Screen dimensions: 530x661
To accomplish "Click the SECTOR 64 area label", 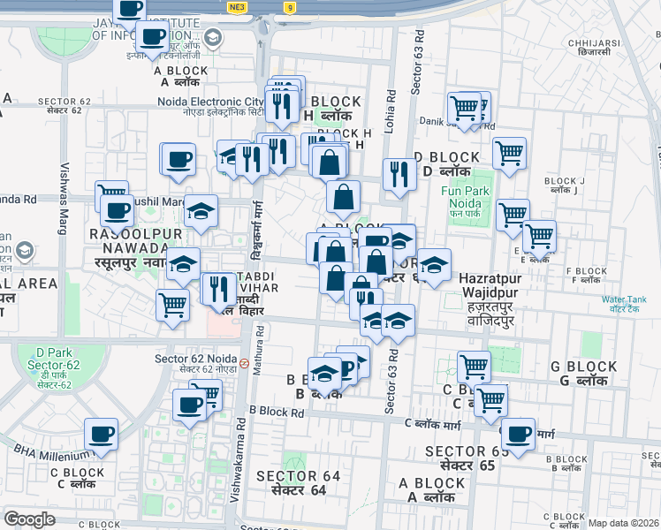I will (298, 482).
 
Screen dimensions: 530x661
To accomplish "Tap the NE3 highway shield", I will (236, 7).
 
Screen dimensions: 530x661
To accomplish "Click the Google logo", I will (29, 519).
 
